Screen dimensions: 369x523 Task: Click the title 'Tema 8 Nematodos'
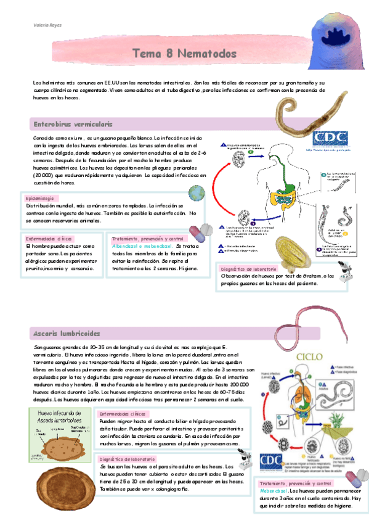184,54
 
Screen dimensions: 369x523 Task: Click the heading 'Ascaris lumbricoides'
67,334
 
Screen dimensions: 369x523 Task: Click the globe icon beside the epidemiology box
198,194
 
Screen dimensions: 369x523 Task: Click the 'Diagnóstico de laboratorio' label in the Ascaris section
126,459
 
